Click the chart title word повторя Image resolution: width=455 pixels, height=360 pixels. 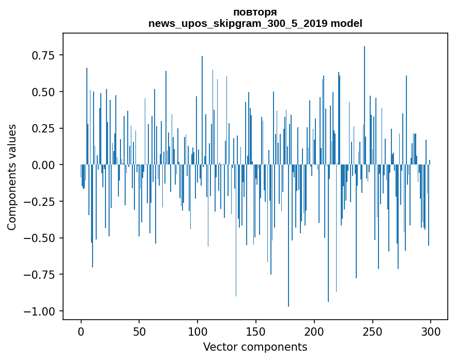pos(255,12)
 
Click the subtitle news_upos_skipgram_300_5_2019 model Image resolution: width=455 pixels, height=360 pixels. pos(255,23)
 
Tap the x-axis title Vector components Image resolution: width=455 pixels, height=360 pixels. pos(255,347)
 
